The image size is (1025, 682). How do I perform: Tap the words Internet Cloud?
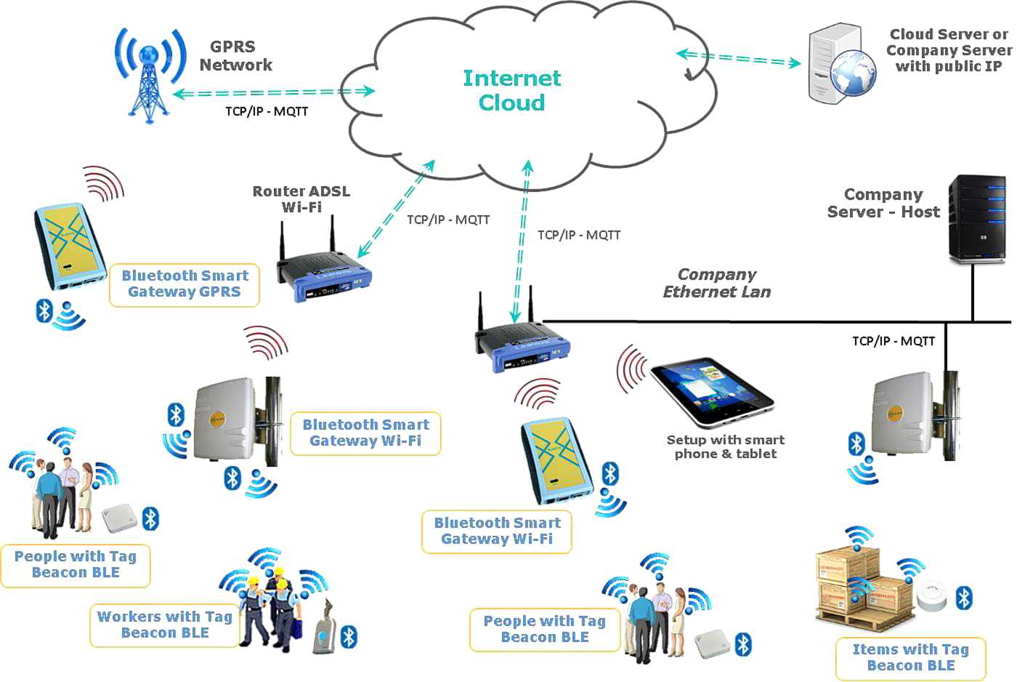pyautogui.click(x=512, y=90)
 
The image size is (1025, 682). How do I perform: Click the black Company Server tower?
pyautogui.click(x=978, y=219)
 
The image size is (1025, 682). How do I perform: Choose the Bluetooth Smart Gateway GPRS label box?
pyautogui.click(x=185, y=284)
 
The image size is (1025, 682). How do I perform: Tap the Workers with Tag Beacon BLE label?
pyautogui.click(x=165, y=625)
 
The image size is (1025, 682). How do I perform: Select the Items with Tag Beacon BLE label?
pyautogui.click(x=910, y=657)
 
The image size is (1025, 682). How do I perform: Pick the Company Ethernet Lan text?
pyautogui.click(x=717, y=283)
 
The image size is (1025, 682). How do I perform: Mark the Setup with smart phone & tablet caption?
pyautogui.click(x=726, y=446)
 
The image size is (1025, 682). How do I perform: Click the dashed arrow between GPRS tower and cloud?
pyautogui.click(x=273, y=93)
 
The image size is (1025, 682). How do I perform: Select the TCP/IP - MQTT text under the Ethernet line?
pyautogui.click(x=894, y=341)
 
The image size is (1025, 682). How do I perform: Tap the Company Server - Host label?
pyautogui.click(x=883, y=204)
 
